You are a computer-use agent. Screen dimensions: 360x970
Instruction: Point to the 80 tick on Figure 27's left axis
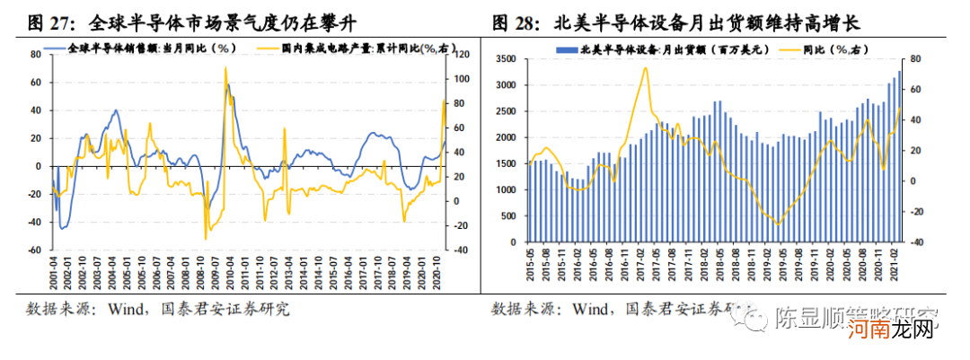pyautogui.click(x=36, y=54)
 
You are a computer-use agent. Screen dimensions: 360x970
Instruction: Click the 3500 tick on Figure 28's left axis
pyautogui.click(x=508, y=59)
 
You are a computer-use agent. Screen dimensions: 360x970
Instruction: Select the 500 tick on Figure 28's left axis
pyautogui.click(x=511, y=215)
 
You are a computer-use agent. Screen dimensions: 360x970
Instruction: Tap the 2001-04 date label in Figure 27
pyautogui.click(x=53, y=268)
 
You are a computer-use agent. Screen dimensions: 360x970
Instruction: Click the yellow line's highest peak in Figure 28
pyautogui.click(x=645, y=67)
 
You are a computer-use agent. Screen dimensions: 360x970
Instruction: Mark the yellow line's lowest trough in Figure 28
pyautogui.click(x=777, y=224)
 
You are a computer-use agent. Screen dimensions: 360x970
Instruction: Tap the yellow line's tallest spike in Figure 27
pyautogui.click(x=225, y=67)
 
